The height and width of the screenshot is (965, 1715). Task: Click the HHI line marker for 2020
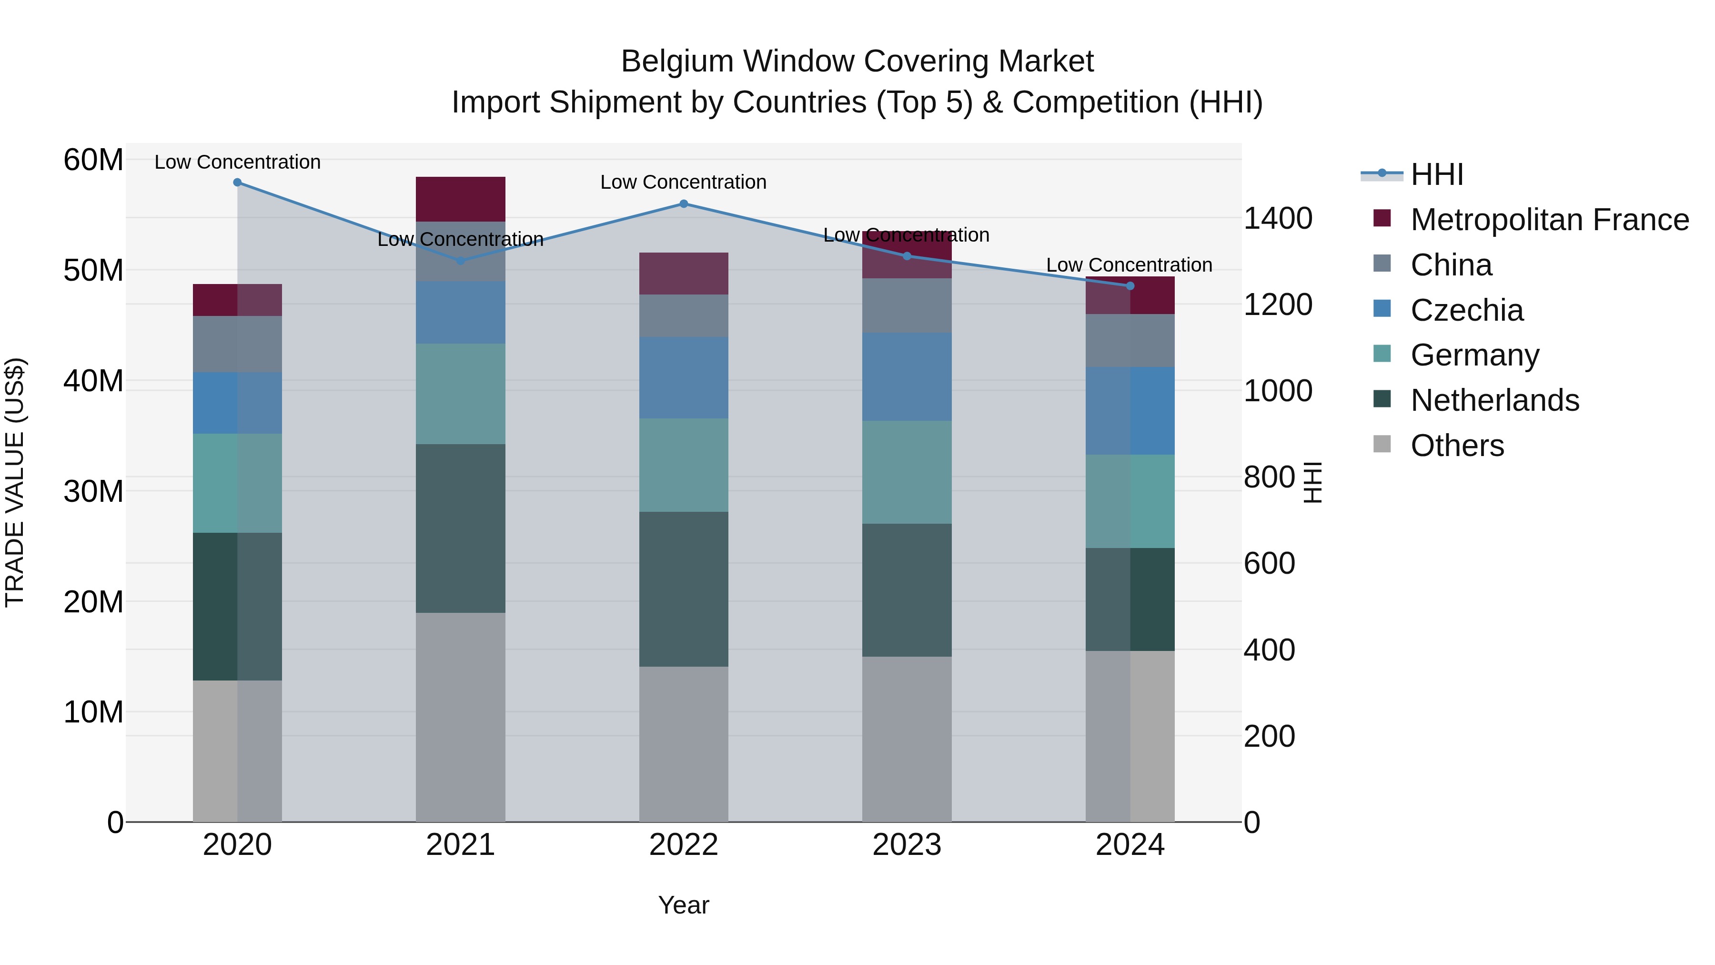tap(238, 183)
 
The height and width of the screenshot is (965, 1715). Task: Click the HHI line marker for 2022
tap(684, 204)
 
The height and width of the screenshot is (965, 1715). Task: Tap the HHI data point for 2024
tap(1130, 286)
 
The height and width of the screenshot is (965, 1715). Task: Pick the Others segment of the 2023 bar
tap(907, 739)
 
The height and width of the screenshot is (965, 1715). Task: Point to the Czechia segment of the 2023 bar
tap(907, 377)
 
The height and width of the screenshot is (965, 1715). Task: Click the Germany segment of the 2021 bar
tap(461, 394)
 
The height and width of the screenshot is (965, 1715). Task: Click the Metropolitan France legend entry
tap(1549, 220)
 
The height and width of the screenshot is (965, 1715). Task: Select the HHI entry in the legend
tap(1437, 174)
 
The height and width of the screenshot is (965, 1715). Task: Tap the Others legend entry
tap(1457, 446)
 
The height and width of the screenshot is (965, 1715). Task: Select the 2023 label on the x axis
tap(907, 845)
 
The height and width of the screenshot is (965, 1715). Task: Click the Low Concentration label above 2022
tap(683, 182)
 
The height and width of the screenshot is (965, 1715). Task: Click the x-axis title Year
tap(684, 905)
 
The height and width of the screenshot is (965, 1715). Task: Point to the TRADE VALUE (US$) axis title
tap(15, 482)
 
